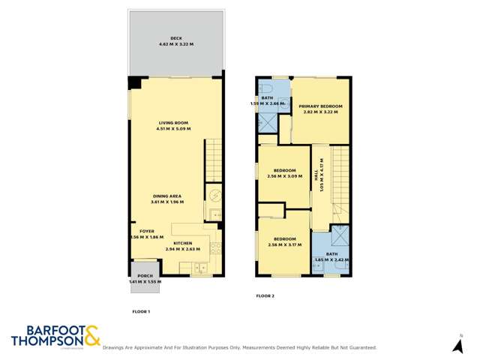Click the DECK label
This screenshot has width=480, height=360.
pyautogui.click(x=176, y=38)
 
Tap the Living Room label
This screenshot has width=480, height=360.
pyautogui.click(x=172, y=122)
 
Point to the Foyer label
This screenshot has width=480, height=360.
pyautogui.click(x=146, y=230)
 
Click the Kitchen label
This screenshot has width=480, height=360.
pyautogui.click(x=183, y=244)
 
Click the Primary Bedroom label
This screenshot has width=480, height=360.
pyautogui.click(x=320, y=106)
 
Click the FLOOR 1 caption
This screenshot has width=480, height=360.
pyautogui.click(x=141, y=310)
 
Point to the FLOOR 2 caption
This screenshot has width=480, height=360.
pyautogui.click(x=265, y=296)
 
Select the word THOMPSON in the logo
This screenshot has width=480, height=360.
pyautogui.click(x=46, y=341)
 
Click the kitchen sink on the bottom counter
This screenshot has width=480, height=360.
pyautogui.click(x=200, y=268)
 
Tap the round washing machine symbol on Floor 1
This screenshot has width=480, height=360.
pyautogui.click(x=214, y=195)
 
